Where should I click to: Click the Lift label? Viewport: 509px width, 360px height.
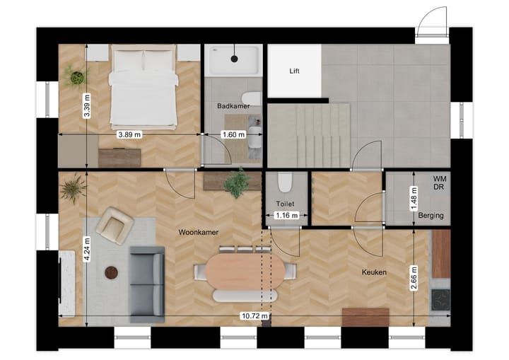[295, 71]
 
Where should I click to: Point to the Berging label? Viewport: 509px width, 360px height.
[431, 215]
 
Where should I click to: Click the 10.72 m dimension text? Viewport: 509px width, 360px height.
[255, 315]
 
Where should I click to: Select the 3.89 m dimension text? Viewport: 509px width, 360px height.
[129, 134]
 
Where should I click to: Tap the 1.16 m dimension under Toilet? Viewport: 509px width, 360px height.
[285, 214]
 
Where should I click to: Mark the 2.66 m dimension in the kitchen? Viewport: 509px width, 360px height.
[414, 277]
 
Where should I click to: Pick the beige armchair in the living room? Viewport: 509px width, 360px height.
[115, 225]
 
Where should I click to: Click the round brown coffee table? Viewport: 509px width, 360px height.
[112, 272]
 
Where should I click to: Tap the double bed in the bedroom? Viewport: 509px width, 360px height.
[144, 88]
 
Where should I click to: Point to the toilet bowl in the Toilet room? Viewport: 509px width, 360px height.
[286, 184]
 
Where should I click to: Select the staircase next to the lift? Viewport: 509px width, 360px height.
[310, 132]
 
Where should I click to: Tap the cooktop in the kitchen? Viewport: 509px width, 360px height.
[440, 299]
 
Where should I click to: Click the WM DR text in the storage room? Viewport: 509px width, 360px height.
[440, 184]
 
